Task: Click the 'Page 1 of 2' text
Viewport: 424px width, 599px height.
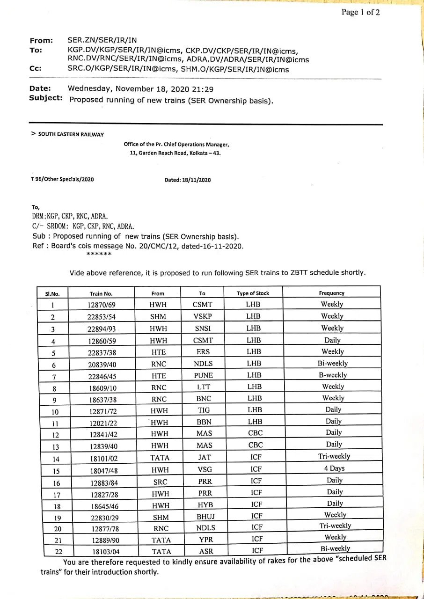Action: (360, 13)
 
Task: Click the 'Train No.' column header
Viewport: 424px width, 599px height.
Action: (101, 294)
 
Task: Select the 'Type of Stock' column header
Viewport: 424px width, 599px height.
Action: (253, 293)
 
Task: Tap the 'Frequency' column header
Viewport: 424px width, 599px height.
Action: (331, 293)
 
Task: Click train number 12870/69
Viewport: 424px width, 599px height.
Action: (102, 305)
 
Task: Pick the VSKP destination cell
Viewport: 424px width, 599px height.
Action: (203, 316)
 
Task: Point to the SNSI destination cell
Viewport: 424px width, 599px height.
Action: (203, 329)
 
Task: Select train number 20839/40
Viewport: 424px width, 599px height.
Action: (102, 364)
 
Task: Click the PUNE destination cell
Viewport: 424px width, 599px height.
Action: (203, 375)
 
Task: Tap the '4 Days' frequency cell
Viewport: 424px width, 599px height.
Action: (334, 468)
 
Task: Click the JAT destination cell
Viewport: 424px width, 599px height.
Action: (204, 457)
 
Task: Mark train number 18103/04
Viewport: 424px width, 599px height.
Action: (105, 552)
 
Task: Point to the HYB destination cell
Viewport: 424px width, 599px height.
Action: (205, 505)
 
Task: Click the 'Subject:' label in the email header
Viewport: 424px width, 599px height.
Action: (46, 98)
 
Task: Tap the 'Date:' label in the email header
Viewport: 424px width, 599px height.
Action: (40, 88)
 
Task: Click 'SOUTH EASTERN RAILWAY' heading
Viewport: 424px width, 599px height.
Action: (70, 134)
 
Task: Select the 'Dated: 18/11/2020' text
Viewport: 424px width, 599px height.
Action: (187, 180)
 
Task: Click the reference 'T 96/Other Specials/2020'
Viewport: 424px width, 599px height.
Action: (62, 179)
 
